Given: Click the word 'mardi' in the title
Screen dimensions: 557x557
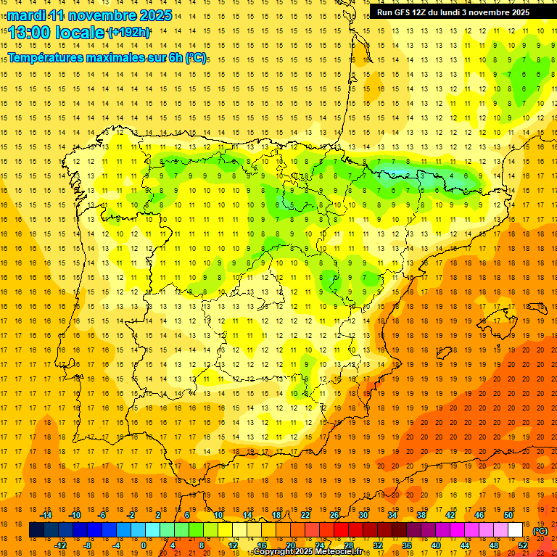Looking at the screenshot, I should click(25, 15).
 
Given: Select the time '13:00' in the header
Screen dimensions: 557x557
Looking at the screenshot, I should click(30, 33).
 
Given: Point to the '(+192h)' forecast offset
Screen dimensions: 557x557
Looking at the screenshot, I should click(128, 33).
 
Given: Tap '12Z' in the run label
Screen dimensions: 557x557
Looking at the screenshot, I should click(425, 12).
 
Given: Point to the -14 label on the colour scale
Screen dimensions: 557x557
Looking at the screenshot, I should click(45, 515).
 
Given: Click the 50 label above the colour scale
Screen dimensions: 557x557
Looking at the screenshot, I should click(508, 515).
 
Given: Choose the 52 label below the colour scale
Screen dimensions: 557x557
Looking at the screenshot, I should click(523, 545).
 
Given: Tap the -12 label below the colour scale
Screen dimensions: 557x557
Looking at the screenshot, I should click(60, 545).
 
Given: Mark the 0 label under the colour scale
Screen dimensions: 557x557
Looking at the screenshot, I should click(144, 545).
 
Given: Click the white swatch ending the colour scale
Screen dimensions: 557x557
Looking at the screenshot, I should click(515, 530).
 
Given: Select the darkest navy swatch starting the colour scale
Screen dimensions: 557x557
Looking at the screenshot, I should click(36, 530).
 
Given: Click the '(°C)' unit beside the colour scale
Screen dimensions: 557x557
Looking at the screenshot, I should click(540, 531).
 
